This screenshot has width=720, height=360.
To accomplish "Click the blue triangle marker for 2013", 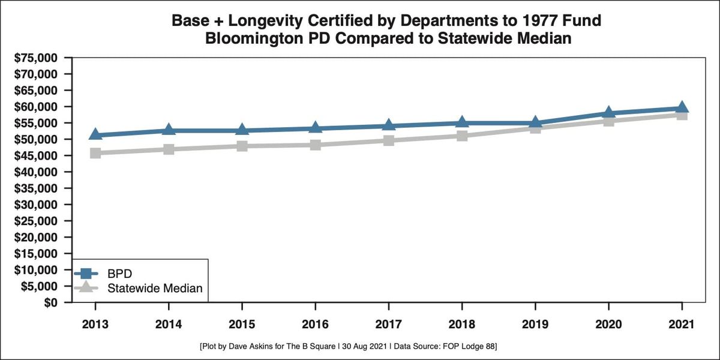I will [95, 134].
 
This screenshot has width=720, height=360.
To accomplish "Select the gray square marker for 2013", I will [95, 153].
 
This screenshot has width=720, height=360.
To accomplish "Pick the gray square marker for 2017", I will [389, 140].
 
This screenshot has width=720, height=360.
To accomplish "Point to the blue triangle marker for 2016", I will [316, 127].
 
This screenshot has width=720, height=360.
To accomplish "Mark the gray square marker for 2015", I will [242, 146].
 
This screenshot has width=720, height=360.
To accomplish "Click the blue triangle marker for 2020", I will [609, 113].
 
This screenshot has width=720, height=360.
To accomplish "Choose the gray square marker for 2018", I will [462, 136].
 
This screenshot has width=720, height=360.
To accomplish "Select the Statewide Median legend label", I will [155, 289].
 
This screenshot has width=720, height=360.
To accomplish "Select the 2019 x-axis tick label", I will [535, 325].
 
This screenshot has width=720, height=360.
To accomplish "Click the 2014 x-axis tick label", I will [169, 325].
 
